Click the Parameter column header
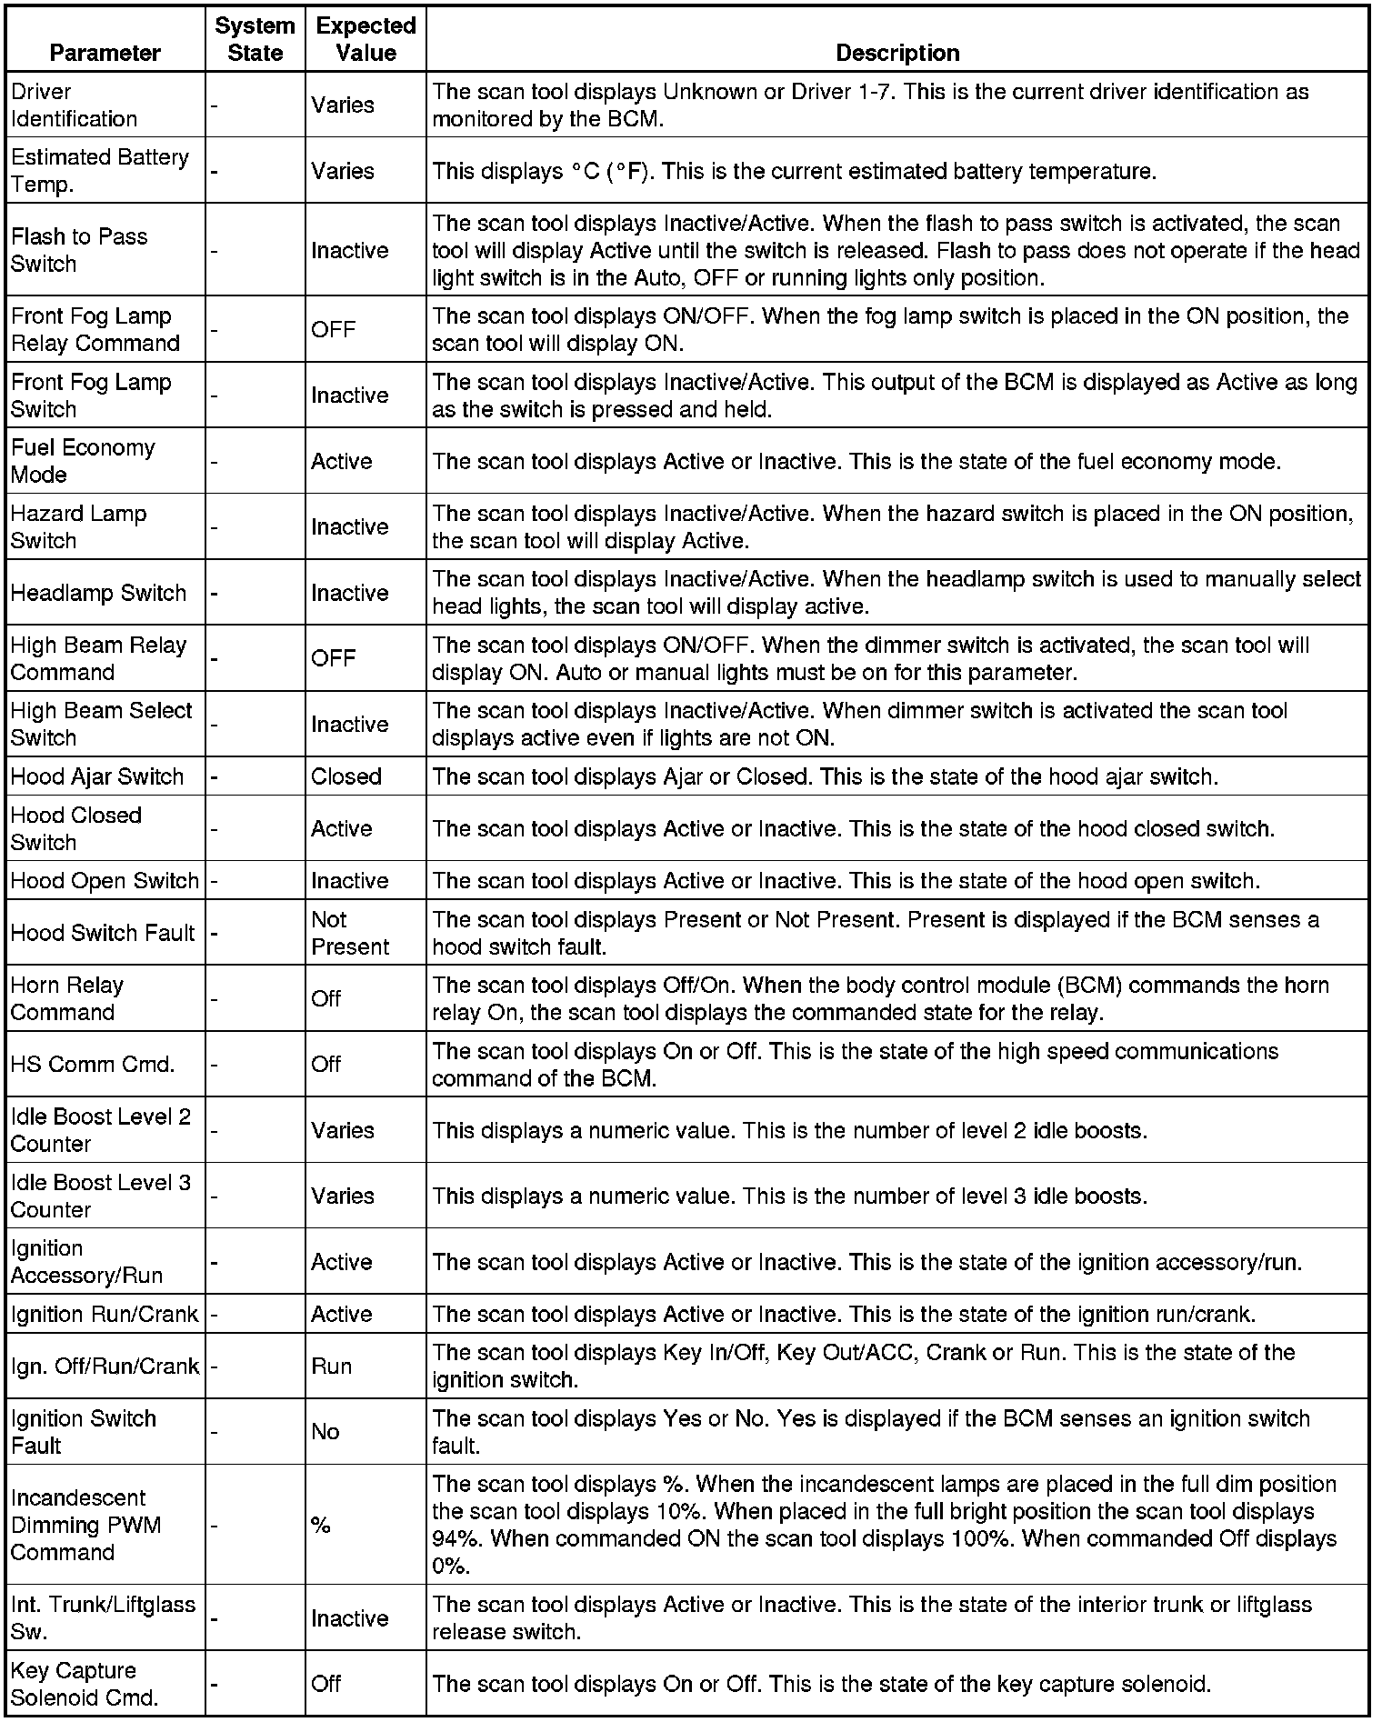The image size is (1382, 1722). click(105, 53)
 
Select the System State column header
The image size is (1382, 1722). click(255, 39)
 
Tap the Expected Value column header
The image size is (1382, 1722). click(366, 39)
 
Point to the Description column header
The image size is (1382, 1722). click(896, 53)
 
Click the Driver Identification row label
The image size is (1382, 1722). click(74, 105)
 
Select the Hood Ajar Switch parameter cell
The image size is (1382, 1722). click(97, 776)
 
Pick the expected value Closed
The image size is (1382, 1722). click(345, 776)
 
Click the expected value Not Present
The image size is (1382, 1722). click(350, 933)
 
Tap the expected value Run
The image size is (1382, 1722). click(331, 1366)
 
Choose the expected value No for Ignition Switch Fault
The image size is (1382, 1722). click(325, 1432)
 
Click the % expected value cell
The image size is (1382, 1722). click(320, 1525)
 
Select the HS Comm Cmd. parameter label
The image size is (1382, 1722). click(93, 1064)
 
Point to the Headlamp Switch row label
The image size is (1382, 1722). click(98, 593)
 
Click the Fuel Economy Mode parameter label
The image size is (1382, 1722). click(83, 461)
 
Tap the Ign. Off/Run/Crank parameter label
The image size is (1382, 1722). click(105, 1366)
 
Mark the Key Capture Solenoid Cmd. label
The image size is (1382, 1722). click(85, 1684)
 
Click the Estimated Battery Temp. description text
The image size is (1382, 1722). click(794, 171)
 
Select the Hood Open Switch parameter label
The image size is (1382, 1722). click(105, 881)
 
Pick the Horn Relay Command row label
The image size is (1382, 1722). click(66, 998)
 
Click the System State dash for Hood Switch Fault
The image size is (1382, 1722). click(215, 934)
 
